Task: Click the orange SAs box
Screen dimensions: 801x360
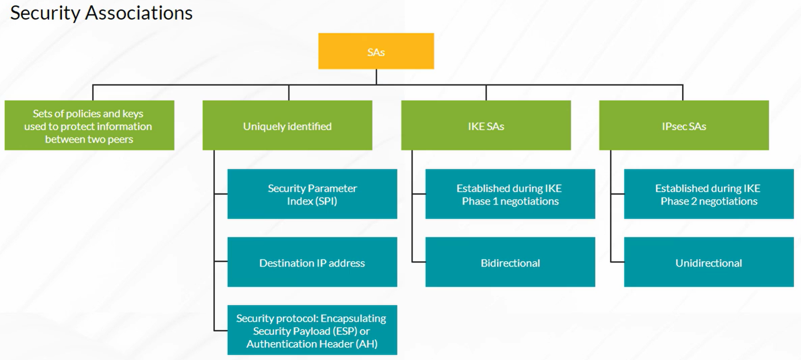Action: coord(376,51)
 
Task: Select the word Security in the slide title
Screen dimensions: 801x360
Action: coord(45,14)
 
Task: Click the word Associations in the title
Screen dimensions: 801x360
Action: coord(139,13)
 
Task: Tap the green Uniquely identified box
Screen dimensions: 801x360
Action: coord(287,125)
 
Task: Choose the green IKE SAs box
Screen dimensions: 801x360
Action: coord(486,125)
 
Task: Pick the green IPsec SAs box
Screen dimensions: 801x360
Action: coord(684,125)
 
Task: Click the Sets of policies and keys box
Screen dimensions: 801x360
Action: coord(89,125)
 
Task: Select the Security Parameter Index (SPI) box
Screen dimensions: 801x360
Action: coord(312,194)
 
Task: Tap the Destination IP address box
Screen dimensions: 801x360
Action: coord(312,262)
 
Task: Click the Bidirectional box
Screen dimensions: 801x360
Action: coord(510,262)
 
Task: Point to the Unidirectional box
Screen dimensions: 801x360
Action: coord(709,262)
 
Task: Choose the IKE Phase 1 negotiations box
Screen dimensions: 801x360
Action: coord(510,194)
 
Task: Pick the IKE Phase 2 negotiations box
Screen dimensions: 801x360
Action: coord(709,194)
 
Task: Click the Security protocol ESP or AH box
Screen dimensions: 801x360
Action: coord(312,330)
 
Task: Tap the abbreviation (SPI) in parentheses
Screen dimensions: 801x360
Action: coord(323,201)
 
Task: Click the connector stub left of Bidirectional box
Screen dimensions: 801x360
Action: coord(419,262)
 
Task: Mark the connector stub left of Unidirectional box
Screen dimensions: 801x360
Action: coord(617,262)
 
